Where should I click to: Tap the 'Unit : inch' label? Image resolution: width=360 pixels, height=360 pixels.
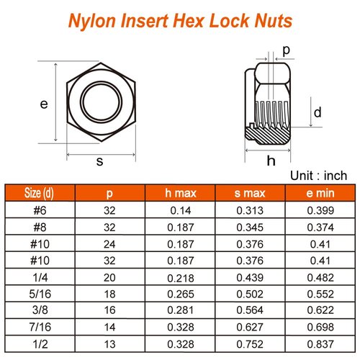[318, 175]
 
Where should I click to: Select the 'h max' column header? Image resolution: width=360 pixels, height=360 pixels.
[179, 192]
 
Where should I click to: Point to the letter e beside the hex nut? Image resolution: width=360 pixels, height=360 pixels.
[44, 104]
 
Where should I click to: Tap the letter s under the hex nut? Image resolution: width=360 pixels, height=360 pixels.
[99, 162]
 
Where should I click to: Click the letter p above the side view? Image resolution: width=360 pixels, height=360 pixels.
[286, 50]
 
